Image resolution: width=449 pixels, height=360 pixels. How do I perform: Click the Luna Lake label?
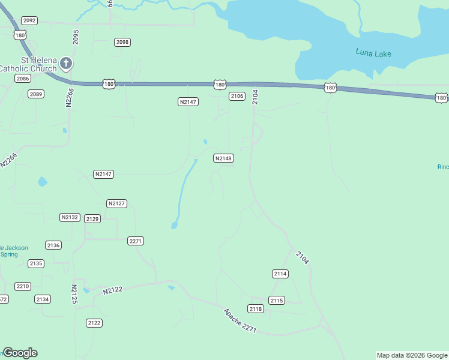point(373,53)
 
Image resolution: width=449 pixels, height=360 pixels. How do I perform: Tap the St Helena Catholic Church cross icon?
point(66,63)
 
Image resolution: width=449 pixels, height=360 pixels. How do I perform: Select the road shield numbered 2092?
point(29,20)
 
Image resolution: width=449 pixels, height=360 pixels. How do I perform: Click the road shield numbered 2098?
point(122,42)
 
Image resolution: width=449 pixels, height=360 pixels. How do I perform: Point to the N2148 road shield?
point(223,158)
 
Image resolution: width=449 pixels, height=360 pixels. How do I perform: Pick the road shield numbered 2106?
point(237,96)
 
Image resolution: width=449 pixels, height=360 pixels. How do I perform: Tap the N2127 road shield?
point(116,203)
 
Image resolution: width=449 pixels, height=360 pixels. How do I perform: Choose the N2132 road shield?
point(70,217)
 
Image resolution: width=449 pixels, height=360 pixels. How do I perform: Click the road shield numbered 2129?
point(92,219)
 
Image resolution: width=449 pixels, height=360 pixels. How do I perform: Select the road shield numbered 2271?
point(136,241)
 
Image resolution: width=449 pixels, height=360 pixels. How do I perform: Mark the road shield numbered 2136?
point(53,245)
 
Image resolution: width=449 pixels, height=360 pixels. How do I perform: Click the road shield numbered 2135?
point(36,263)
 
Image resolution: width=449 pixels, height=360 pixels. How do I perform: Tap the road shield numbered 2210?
point(23,286)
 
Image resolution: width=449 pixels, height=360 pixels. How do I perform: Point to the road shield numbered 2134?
point(43,299)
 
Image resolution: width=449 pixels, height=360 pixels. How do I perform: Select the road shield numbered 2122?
point(94,323)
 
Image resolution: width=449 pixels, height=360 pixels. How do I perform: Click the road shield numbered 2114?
point(280,274)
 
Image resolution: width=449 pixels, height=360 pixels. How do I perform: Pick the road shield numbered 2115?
point(276,300)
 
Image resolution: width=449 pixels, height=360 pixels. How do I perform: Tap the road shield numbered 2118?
point(256,308)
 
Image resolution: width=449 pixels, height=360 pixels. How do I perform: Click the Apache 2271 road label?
point(240,321)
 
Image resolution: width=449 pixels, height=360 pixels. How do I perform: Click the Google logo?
point(20,353)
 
